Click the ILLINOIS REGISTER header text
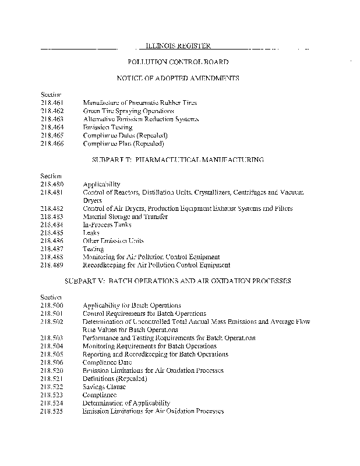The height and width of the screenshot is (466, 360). click(177, 45)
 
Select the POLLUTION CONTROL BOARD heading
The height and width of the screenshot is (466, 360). click(177, 62)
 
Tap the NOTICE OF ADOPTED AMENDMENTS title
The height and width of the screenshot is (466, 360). click(178, 78)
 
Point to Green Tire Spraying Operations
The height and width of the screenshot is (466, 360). click(128, 111)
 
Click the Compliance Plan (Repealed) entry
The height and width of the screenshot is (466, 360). click(123, 143)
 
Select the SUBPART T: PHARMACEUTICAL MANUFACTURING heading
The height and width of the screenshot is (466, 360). click(178, 159)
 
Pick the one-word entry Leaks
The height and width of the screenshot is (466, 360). click(91, 233)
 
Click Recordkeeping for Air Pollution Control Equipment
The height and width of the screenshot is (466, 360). click(156, 265)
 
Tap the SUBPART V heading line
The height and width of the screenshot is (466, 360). click(178, 281)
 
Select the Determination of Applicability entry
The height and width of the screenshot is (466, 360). click(126, 403)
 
